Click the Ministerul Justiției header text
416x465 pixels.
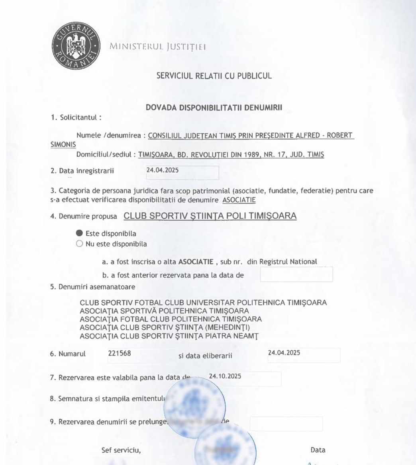[158, 47]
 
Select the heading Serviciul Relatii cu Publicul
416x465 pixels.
[214, 76]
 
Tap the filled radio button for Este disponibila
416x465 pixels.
[79, 233]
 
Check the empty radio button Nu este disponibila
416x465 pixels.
[79, 244]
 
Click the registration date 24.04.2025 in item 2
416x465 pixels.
[163, 170]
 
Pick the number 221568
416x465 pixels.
[120, 353]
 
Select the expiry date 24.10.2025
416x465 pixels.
[225, 376]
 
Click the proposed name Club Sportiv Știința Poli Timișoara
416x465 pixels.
[210, 216]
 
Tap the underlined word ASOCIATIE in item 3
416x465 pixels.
[239, 200]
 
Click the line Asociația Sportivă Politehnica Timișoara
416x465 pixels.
[164, 311]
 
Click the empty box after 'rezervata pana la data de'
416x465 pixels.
[296, 274]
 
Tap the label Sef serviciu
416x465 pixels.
[121, 450]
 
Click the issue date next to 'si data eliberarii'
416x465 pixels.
[284, 353]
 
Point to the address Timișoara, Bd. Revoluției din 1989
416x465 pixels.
[231, 155]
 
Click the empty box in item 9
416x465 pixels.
[286, 424]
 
